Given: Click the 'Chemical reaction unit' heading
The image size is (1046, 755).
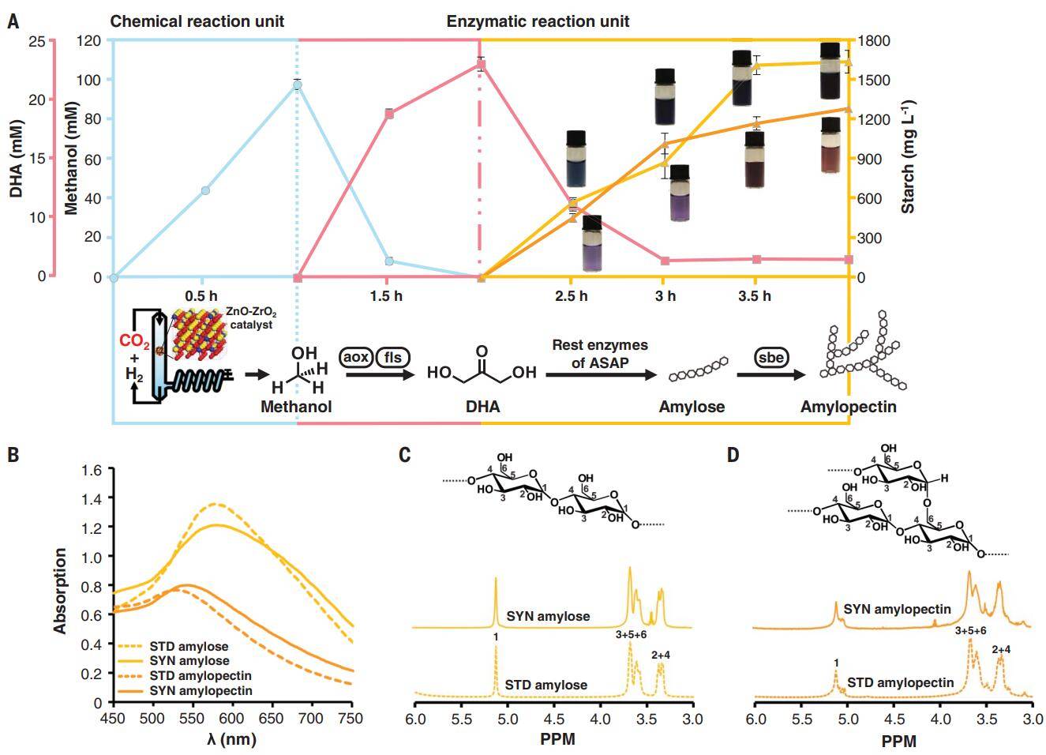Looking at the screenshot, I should pos(197,21).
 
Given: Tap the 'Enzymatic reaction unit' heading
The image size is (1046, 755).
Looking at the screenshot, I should pos(538,21).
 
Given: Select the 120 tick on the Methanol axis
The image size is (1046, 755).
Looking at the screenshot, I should pos(90,41).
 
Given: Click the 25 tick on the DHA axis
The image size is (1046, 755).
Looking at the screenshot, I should pos(36,41).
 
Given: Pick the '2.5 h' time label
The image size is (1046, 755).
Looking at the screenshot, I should pos(571,296).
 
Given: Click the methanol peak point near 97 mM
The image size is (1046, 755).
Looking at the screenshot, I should pos(298,85).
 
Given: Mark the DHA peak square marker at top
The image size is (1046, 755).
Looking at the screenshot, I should pos(481,65).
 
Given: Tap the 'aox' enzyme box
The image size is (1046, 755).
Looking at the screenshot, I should pos(356,357).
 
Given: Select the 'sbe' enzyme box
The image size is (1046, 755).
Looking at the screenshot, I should pos(770,357).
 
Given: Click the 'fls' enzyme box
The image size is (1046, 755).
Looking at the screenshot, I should pos(392,357).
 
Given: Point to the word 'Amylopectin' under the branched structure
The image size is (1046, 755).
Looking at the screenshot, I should pos(848,407).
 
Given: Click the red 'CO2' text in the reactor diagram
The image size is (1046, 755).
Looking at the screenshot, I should pos(134,342).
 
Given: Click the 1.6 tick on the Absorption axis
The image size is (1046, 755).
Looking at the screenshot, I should pos(92,470).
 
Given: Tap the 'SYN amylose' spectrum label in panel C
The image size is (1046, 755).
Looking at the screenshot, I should pos(548,616).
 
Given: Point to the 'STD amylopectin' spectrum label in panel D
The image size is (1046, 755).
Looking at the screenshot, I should pos(900,682).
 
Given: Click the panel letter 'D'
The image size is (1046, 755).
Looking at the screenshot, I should pos(733,456).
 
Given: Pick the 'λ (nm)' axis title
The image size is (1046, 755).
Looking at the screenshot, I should pos(231,739).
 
